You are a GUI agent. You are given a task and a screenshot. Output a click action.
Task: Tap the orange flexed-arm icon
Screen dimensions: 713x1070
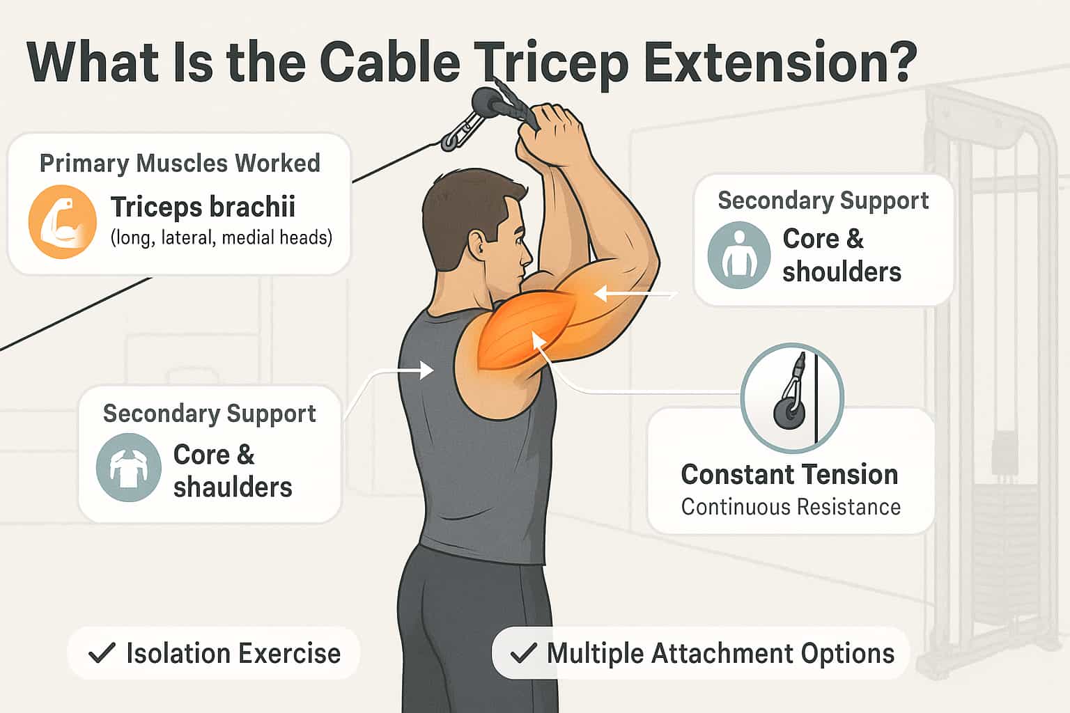tap(62, 222)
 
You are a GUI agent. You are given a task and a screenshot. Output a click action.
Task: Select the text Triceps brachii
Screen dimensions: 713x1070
tap(203, 207)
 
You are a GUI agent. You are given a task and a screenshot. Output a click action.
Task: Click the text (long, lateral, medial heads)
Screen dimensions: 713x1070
tap(221, 238)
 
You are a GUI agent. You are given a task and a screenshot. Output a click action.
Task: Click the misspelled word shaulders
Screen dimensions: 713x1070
tap(233, 487)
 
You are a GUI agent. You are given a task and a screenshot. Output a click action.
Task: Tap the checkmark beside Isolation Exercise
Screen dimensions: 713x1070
tap(102, 653)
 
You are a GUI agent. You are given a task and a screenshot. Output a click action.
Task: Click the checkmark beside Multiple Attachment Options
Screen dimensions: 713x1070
tap(523, 653)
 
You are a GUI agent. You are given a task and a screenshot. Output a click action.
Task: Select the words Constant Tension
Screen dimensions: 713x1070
tap(789, 475)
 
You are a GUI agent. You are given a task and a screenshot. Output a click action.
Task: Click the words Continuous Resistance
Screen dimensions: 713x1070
tap(791, 507)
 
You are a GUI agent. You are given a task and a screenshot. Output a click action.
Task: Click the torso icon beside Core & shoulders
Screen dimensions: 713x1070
tap(738, 255)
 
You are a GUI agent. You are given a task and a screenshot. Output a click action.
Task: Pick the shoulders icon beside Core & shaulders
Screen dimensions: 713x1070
tap(129, 467)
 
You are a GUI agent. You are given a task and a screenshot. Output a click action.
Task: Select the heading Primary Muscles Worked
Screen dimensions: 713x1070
tap(180, 163)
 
